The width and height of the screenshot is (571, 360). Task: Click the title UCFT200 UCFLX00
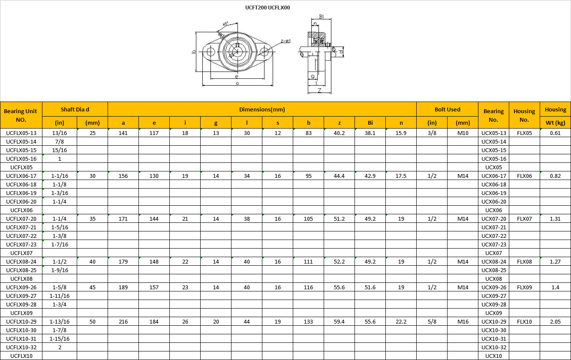pos(267,8)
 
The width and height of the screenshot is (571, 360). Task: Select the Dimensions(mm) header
pos(262,109)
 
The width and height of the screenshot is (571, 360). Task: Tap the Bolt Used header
pos(448,109)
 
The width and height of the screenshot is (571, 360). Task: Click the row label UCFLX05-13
pos(21,133)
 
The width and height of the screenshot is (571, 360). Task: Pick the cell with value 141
pos(123,133)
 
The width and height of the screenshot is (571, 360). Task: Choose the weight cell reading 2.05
pos(555,321)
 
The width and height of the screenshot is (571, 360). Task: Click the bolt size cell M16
pos(463,321)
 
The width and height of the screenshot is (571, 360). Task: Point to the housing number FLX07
pos(524,219)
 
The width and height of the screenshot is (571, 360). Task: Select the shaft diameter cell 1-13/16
pos(60,321)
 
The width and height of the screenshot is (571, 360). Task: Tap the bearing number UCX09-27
pos(493,296)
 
